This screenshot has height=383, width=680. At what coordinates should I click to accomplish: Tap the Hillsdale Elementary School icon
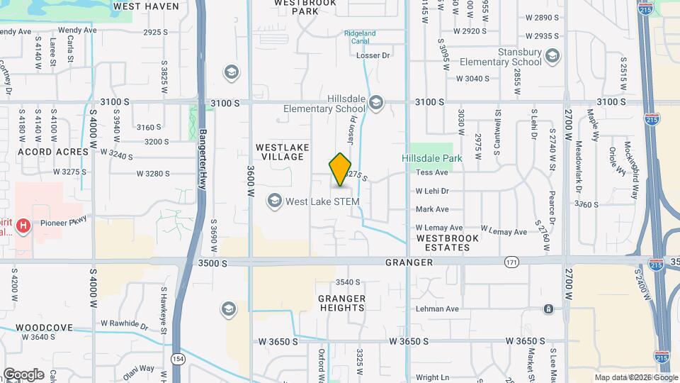click(x=375, y=104)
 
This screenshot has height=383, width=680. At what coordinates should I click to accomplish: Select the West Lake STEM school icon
click(x=274, y=201)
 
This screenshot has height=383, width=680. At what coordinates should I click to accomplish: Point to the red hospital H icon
click(x=24, y=226)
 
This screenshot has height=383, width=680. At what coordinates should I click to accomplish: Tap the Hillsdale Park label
click(x=432, y=158)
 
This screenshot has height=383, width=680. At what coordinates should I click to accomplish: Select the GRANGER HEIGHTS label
click(x=341, y=303)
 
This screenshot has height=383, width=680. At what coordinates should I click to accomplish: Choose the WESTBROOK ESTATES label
click(x=447, y=243)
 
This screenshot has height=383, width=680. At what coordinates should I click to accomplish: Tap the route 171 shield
click(x=511, y=262)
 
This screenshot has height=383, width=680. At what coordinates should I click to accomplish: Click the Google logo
click(x=23, y=374)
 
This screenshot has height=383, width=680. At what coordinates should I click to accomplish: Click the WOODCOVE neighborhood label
click(x=44, y=328)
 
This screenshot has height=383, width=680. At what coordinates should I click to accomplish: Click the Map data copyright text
click(x=635, y=377)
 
